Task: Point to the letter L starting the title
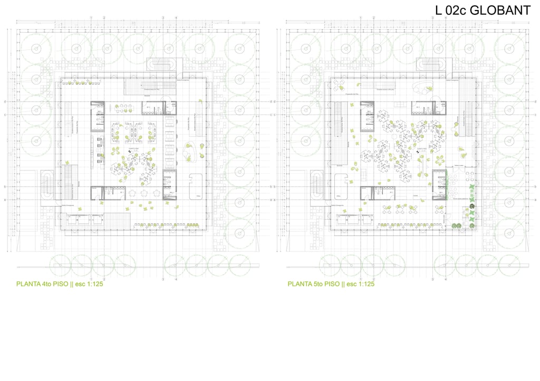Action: point(439,10)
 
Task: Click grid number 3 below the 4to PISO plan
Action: point(163,279)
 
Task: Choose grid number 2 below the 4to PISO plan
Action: point(104,279)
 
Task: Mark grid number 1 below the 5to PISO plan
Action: point(361,279)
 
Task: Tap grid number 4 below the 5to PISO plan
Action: point(446,279)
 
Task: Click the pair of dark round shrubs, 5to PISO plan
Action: point(457,226)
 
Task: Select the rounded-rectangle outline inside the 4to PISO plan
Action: point(196,186)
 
